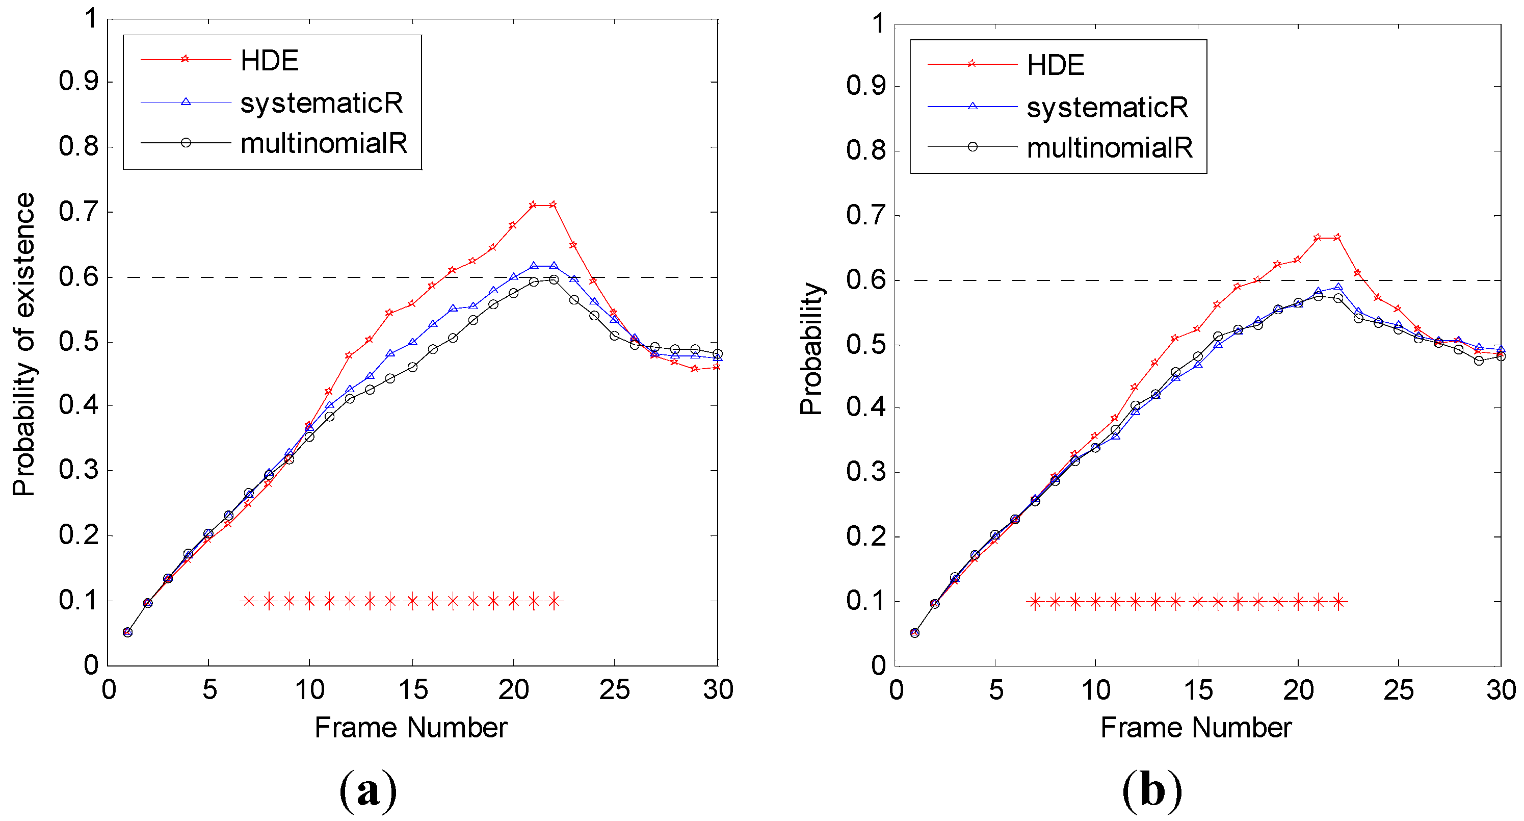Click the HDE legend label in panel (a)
269,60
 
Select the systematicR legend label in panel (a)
321,103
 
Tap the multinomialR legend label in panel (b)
1109,147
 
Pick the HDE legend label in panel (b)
1056,65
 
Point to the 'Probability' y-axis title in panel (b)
811,349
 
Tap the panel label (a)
368,789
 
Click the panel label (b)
1152,789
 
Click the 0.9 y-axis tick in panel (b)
865,86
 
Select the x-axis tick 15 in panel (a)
412,689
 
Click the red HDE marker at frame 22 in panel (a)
553,205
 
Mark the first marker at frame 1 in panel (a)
127,632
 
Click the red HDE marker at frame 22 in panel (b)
1337,237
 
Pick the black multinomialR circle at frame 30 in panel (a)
718,354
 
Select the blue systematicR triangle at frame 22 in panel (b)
1338,287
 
